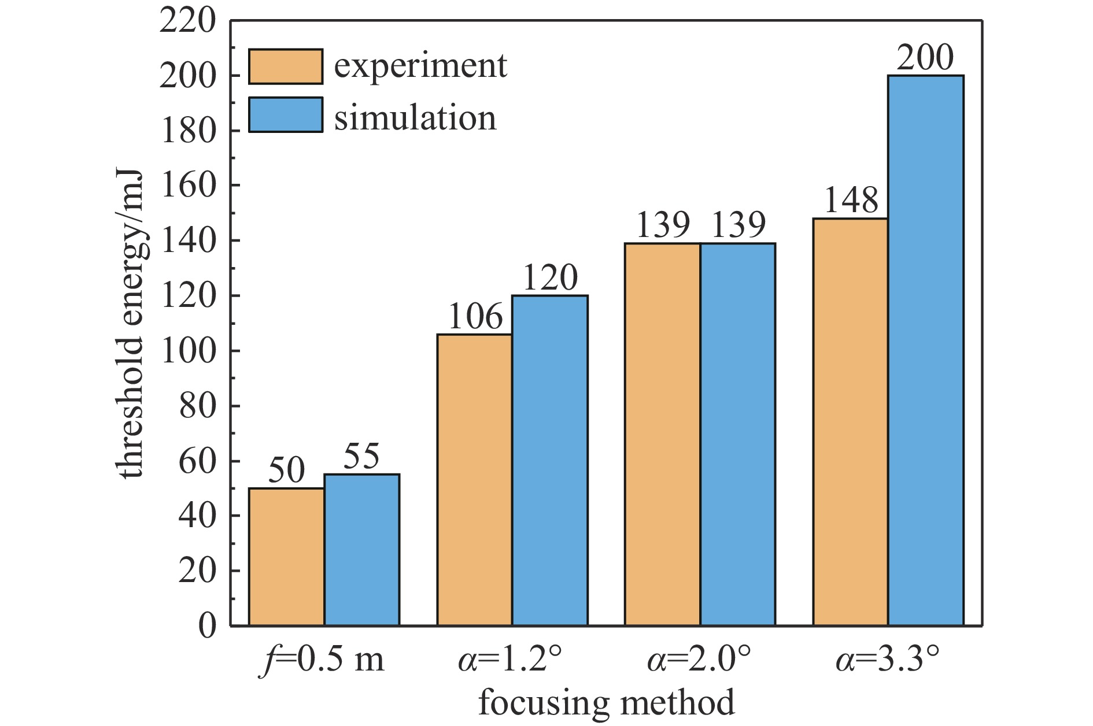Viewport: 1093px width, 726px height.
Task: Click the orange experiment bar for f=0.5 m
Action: coord(286,557)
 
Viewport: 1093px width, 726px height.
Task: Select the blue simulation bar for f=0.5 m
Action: coord(361,550)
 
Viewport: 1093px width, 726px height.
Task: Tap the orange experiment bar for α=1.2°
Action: coord(474,480)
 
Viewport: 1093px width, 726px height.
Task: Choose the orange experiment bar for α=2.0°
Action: coord(662,434)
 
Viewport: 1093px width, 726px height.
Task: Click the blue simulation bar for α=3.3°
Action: coord(925,350)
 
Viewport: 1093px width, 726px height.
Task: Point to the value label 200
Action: coord(925,58)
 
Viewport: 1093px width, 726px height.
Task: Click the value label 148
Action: coord(851,201)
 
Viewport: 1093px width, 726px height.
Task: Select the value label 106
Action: coord(475,317)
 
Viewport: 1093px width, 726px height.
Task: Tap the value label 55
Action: coord(361,457)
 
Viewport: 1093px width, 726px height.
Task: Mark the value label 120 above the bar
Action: coord(550,278)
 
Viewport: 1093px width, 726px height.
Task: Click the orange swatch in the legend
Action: coord(286,66)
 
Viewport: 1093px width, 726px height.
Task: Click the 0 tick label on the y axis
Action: coord(207,625)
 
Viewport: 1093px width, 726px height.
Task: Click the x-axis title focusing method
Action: coord(606,703)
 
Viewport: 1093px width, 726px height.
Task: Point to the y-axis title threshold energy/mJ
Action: coord(131,324)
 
